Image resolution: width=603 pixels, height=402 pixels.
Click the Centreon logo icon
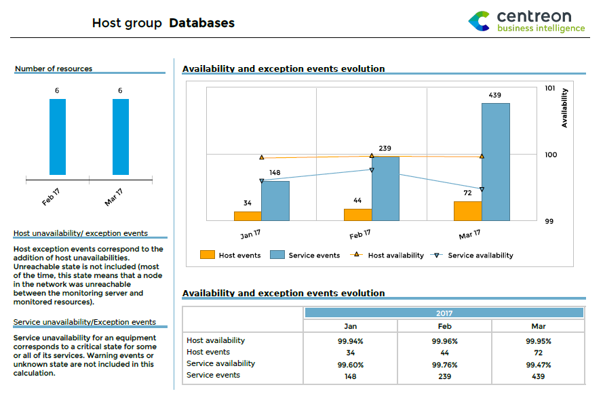tap(479, 21)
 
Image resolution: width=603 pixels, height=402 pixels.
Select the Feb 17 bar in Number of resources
tap(58, 137)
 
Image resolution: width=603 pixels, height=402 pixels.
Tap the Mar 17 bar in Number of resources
tap(121, 137)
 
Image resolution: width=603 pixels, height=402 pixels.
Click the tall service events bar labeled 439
tap(495, 161)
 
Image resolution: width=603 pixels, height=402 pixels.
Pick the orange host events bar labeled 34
tap(248, 216)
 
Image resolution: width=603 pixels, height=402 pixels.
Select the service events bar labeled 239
tap(385, 188)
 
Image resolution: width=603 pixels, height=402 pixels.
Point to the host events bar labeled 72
tap(467, 211)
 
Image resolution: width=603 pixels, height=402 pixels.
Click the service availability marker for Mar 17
tap(482, 189)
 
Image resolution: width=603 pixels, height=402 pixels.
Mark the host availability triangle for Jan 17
tap(262, 157)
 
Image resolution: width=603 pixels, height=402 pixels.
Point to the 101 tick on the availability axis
tap(550, 88)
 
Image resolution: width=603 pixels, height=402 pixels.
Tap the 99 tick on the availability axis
tap(550, 221)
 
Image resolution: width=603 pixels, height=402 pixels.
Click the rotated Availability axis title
tap(564, 108)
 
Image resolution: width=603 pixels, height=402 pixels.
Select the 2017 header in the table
tap(444, 313)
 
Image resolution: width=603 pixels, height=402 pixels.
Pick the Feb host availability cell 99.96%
tap(444, 341)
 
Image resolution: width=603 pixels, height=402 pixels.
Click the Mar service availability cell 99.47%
tap(539, 364)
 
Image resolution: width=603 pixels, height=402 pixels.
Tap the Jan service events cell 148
tap(350, 376)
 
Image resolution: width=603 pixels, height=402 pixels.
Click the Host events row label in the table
tap(208, 353)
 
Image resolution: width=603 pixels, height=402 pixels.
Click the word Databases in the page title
tap(201, 23)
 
